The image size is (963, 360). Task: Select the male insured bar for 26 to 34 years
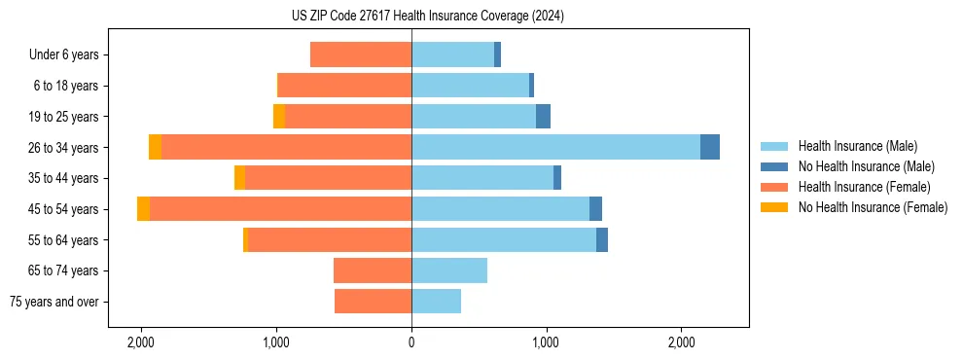[x=555, y=147]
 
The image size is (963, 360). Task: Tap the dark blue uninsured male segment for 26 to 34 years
[x=710, y=147]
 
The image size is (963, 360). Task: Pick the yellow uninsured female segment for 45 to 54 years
[x=144, y=209]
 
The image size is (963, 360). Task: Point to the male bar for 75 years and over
[x=436, y=302]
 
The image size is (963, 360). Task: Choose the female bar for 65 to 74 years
[x=373, y=270]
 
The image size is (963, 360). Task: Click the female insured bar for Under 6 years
[x=361, y=54]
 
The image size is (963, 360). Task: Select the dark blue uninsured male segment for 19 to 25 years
[x=544, y=117]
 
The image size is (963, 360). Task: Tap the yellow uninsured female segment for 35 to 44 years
[x=240, y=178]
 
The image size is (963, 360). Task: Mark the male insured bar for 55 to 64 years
[x=504, y=239]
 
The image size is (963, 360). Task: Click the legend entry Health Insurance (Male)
[x=855, y=146]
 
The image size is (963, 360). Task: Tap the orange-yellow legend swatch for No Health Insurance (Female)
[x=775, y=207]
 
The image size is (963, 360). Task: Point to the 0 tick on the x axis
[x=411, y=342]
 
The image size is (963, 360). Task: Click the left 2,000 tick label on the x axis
[x=141, y=342]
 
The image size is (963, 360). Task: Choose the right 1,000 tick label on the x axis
[x=547, y=342]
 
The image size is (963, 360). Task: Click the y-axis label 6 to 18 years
[x=66, y=86]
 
